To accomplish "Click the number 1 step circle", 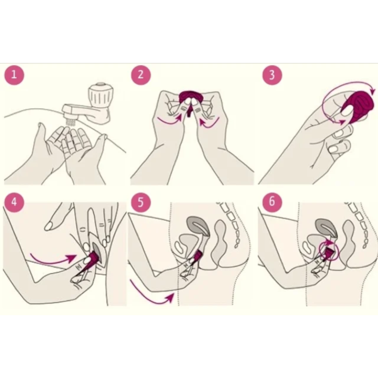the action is point(14,75).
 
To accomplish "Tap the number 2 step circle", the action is point(141,75).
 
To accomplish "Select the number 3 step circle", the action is point(272,75).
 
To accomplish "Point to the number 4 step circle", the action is point(14,202).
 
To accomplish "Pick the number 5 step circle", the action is point(141,202).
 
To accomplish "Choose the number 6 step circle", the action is point(272,202).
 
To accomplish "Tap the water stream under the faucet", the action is point(70,122).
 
